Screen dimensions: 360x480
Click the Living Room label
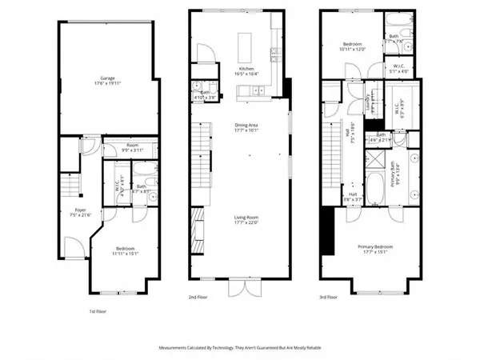[x=246, y=218]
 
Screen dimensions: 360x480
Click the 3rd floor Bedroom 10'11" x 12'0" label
[x=353, y=46]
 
